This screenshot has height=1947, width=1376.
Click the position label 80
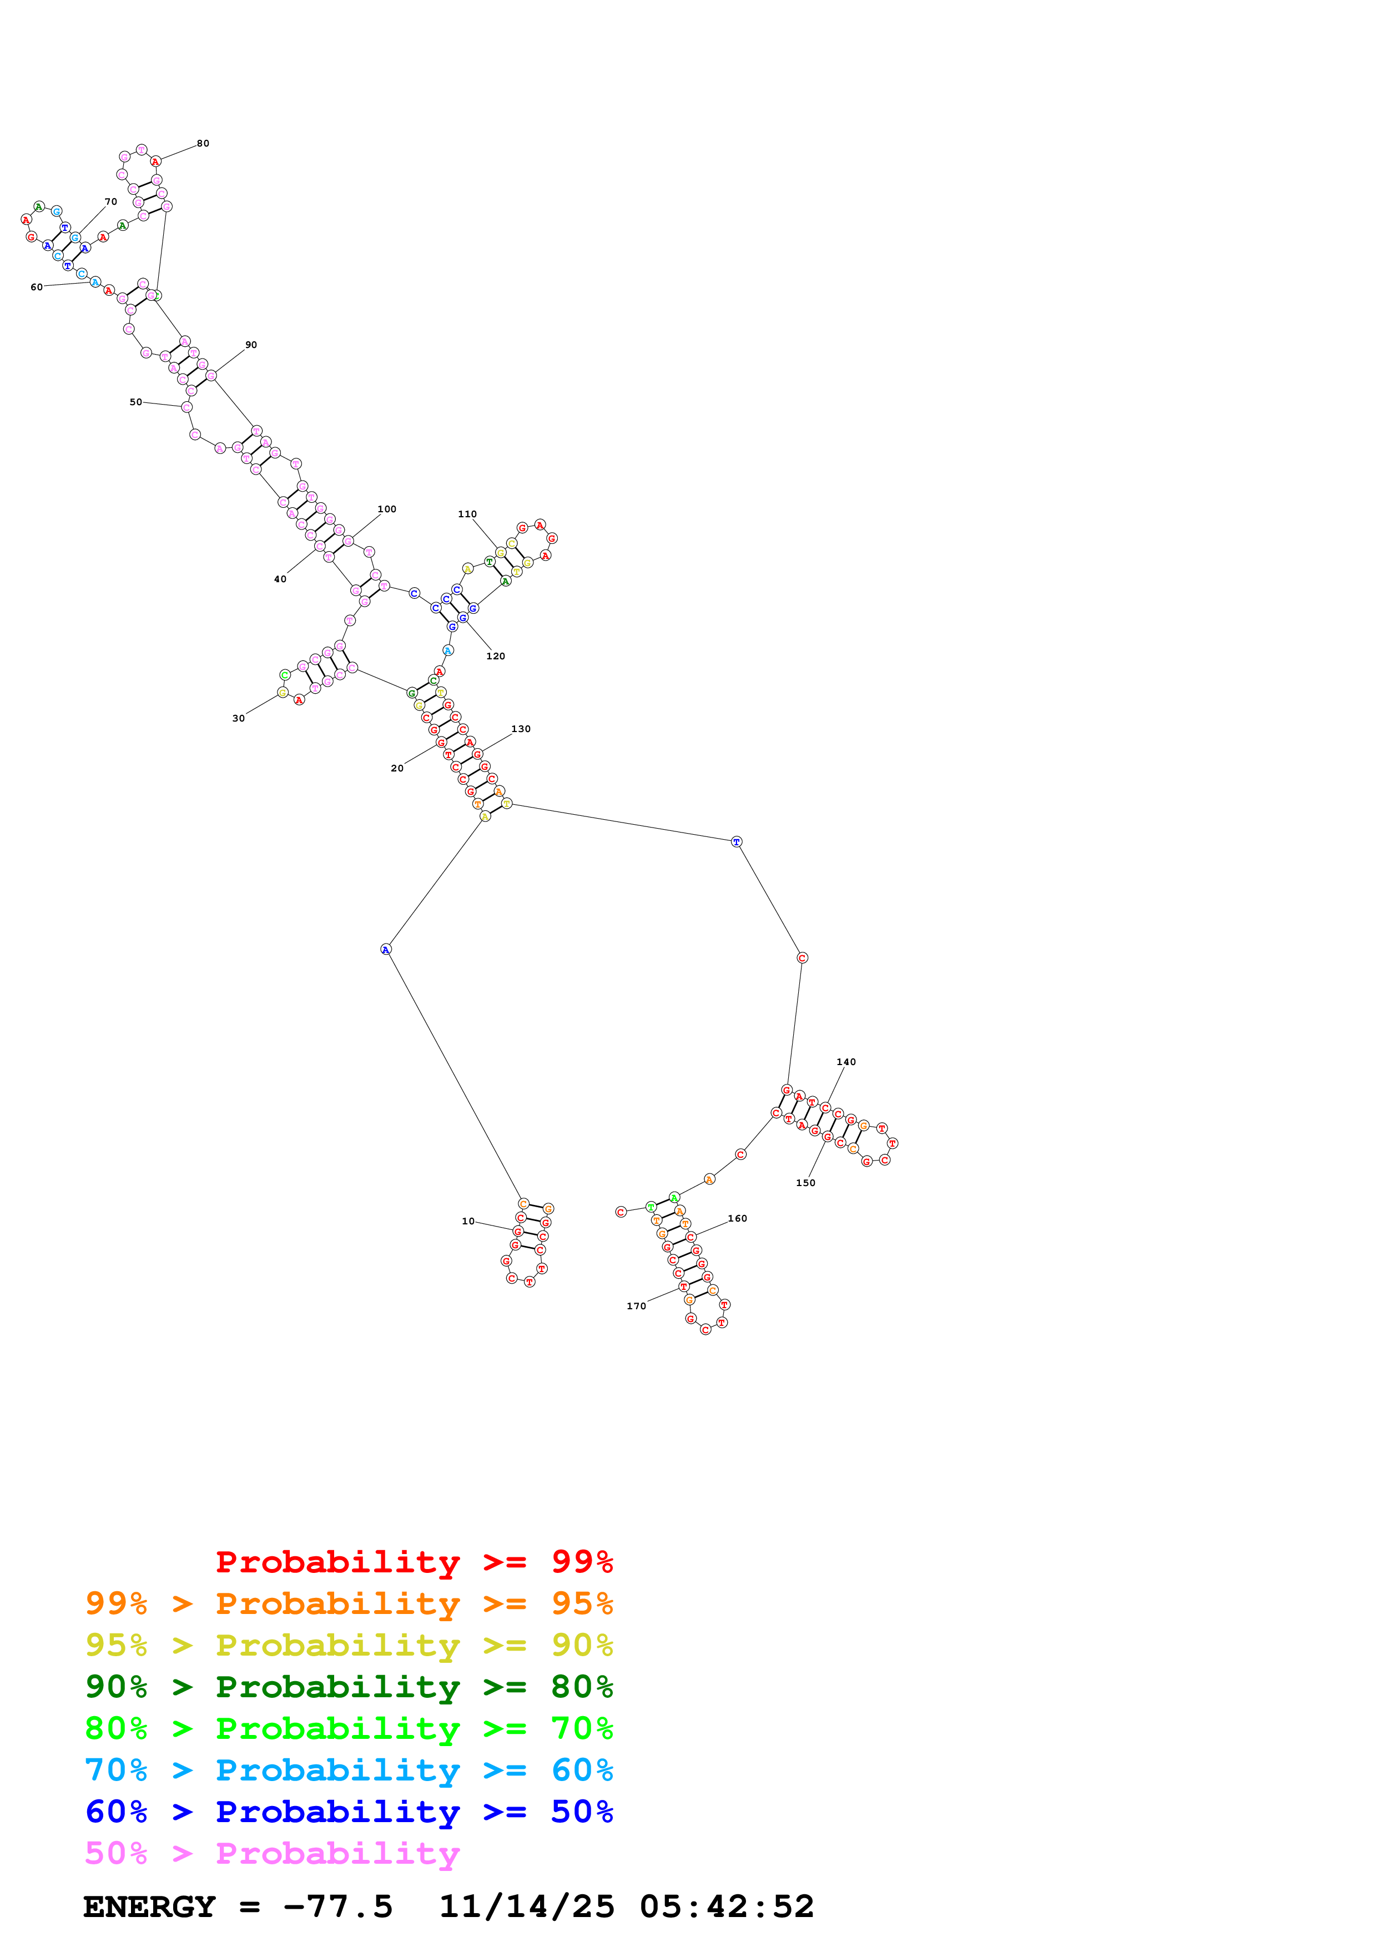[x=203, y=143]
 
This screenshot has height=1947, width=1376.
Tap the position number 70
[x=111, y=202]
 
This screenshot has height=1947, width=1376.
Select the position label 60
[x=37, y=287]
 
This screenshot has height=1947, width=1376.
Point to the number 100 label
[x=387, y=509]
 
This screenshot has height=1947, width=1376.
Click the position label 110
[x=467, y=514]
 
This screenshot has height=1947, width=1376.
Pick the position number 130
[x=521, y=728]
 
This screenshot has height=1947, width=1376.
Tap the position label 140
[x=845, y=1062]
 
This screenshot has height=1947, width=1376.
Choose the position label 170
[x=636, y=1306]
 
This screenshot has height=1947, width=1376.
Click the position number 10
[x=468, y=1221]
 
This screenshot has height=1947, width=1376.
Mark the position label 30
[x=238, y=718]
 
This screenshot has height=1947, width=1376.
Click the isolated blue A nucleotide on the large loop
[x=386, y=949]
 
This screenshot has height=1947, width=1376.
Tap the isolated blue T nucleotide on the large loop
[x=736, y=841]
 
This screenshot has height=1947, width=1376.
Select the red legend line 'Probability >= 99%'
[x=414, y=1561]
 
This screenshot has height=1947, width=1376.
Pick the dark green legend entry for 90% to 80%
[x=349, y=1687]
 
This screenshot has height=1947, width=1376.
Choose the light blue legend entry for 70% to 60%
[x=349, y=1770]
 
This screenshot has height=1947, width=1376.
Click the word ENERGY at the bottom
[x=149, y=1906]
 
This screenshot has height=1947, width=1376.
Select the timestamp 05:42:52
[x=727, y=1906]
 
